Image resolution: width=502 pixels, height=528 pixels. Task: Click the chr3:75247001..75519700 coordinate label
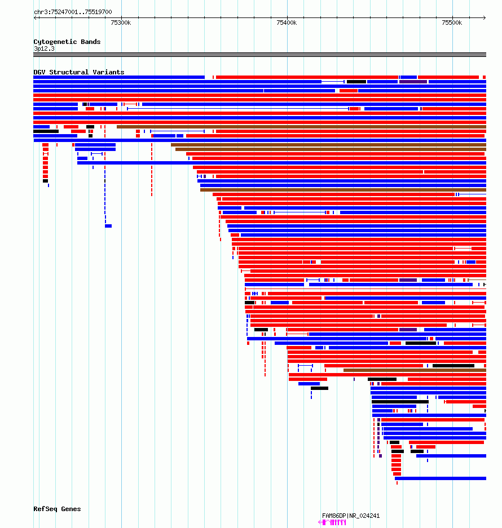73,12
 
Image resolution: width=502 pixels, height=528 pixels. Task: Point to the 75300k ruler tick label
121,23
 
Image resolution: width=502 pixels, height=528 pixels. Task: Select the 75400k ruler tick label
287,23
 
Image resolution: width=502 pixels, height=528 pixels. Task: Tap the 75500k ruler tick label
452,23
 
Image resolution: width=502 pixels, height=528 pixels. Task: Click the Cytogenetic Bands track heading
67,42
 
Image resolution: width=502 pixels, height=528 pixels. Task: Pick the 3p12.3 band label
44,48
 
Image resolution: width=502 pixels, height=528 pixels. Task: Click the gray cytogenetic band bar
259,55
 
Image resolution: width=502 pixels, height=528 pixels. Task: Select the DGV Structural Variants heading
78,72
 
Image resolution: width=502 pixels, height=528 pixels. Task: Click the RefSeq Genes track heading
57,509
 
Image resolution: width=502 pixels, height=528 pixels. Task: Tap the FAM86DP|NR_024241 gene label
351,516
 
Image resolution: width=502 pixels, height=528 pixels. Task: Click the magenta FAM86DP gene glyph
332,522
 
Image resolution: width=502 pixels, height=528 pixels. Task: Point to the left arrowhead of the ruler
35,17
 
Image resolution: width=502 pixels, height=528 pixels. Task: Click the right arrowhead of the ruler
485,17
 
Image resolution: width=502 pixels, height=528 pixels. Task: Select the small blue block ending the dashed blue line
108,226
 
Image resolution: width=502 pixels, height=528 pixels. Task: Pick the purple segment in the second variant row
413,82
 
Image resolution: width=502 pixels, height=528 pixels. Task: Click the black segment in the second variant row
356,82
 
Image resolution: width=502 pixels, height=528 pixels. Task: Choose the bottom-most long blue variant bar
441,478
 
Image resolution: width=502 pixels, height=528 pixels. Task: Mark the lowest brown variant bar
415,370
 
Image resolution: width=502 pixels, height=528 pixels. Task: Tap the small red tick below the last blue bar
397,483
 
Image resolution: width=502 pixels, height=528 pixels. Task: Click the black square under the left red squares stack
46,181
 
